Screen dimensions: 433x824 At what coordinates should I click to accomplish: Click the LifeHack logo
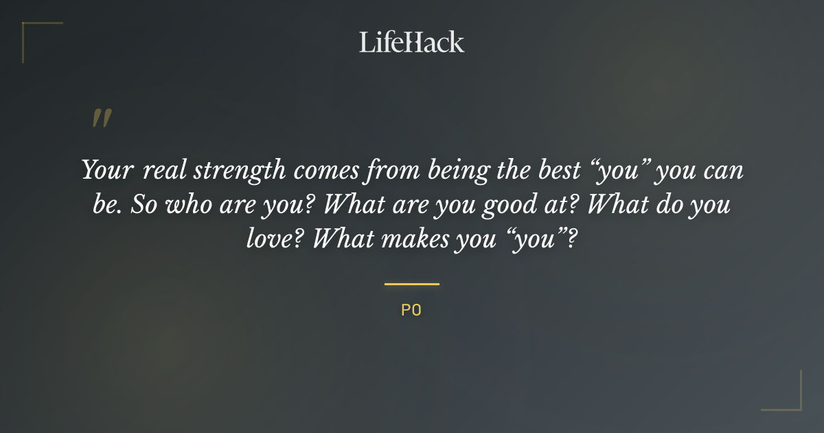(411, 43)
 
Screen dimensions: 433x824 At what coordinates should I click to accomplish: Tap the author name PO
(411, 310)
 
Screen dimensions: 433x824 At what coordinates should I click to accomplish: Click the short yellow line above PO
(411, 284)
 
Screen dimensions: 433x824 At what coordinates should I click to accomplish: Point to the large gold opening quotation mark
(102, 119)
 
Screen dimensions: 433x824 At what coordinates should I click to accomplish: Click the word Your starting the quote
(106, 170)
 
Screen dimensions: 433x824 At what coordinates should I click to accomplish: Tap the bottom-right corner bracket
(790, 399)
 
